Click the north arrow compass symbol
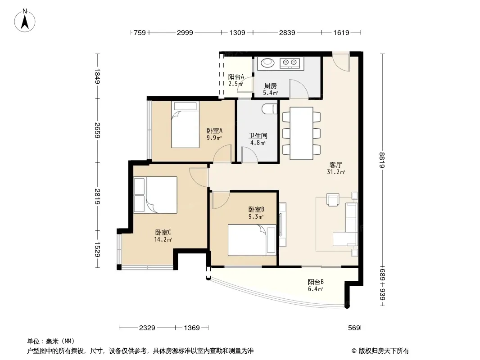coord(25,21)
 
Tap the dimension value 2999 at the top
coord(185,32)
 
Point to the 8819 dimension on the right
coord(382,160)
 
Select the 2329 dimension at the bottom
coord(147,328)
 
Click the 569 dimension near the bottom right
coord(354,328)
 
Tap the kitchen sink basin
coord(267,63)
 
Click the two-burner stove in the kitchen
coord(290,63)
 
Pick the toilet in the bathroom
coord(269,109)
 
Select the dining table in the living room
coord(302,133)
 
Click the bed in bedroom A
coord(185,125)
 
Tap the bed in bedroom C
coord(156,195)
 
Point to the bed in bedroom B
coord(252,240)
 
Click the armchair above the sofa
coord(333,199)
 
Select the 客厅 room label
coord(335,165)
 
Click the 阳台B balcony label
coord(316,282)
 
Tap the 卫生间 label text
coord(258,135)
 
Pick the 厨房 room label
coord(271,86)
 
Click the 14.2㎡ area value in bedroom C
coord(163,239)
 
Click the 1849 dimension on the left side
coord(97,76)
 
